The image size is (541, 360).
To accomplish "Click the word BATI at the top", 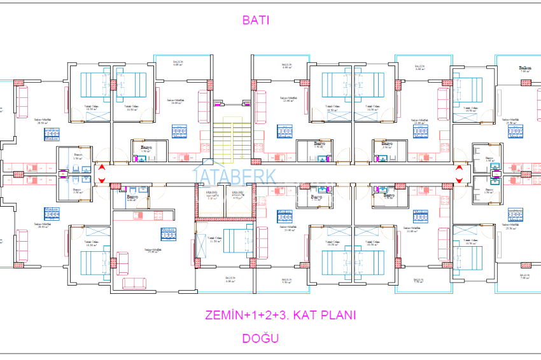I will point(256,20).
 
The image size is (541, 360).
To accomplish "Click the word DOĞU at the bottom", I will point(260,338).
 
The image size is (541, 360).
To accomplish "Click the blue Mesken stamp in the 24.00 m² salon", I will point(179,131).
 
